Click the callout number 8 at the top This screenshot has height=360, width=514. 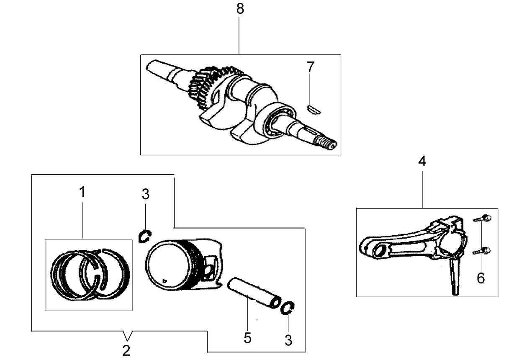coord(240,9)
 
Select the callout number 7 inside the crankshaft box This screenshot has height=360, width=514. coord(311,67)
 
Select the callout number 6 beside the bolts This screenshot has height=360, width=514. coord(481,278)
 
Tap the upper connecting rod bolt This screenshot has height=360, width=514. coord(482,218)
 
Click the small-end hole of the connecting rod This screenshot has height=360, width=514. coord(380,249)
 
